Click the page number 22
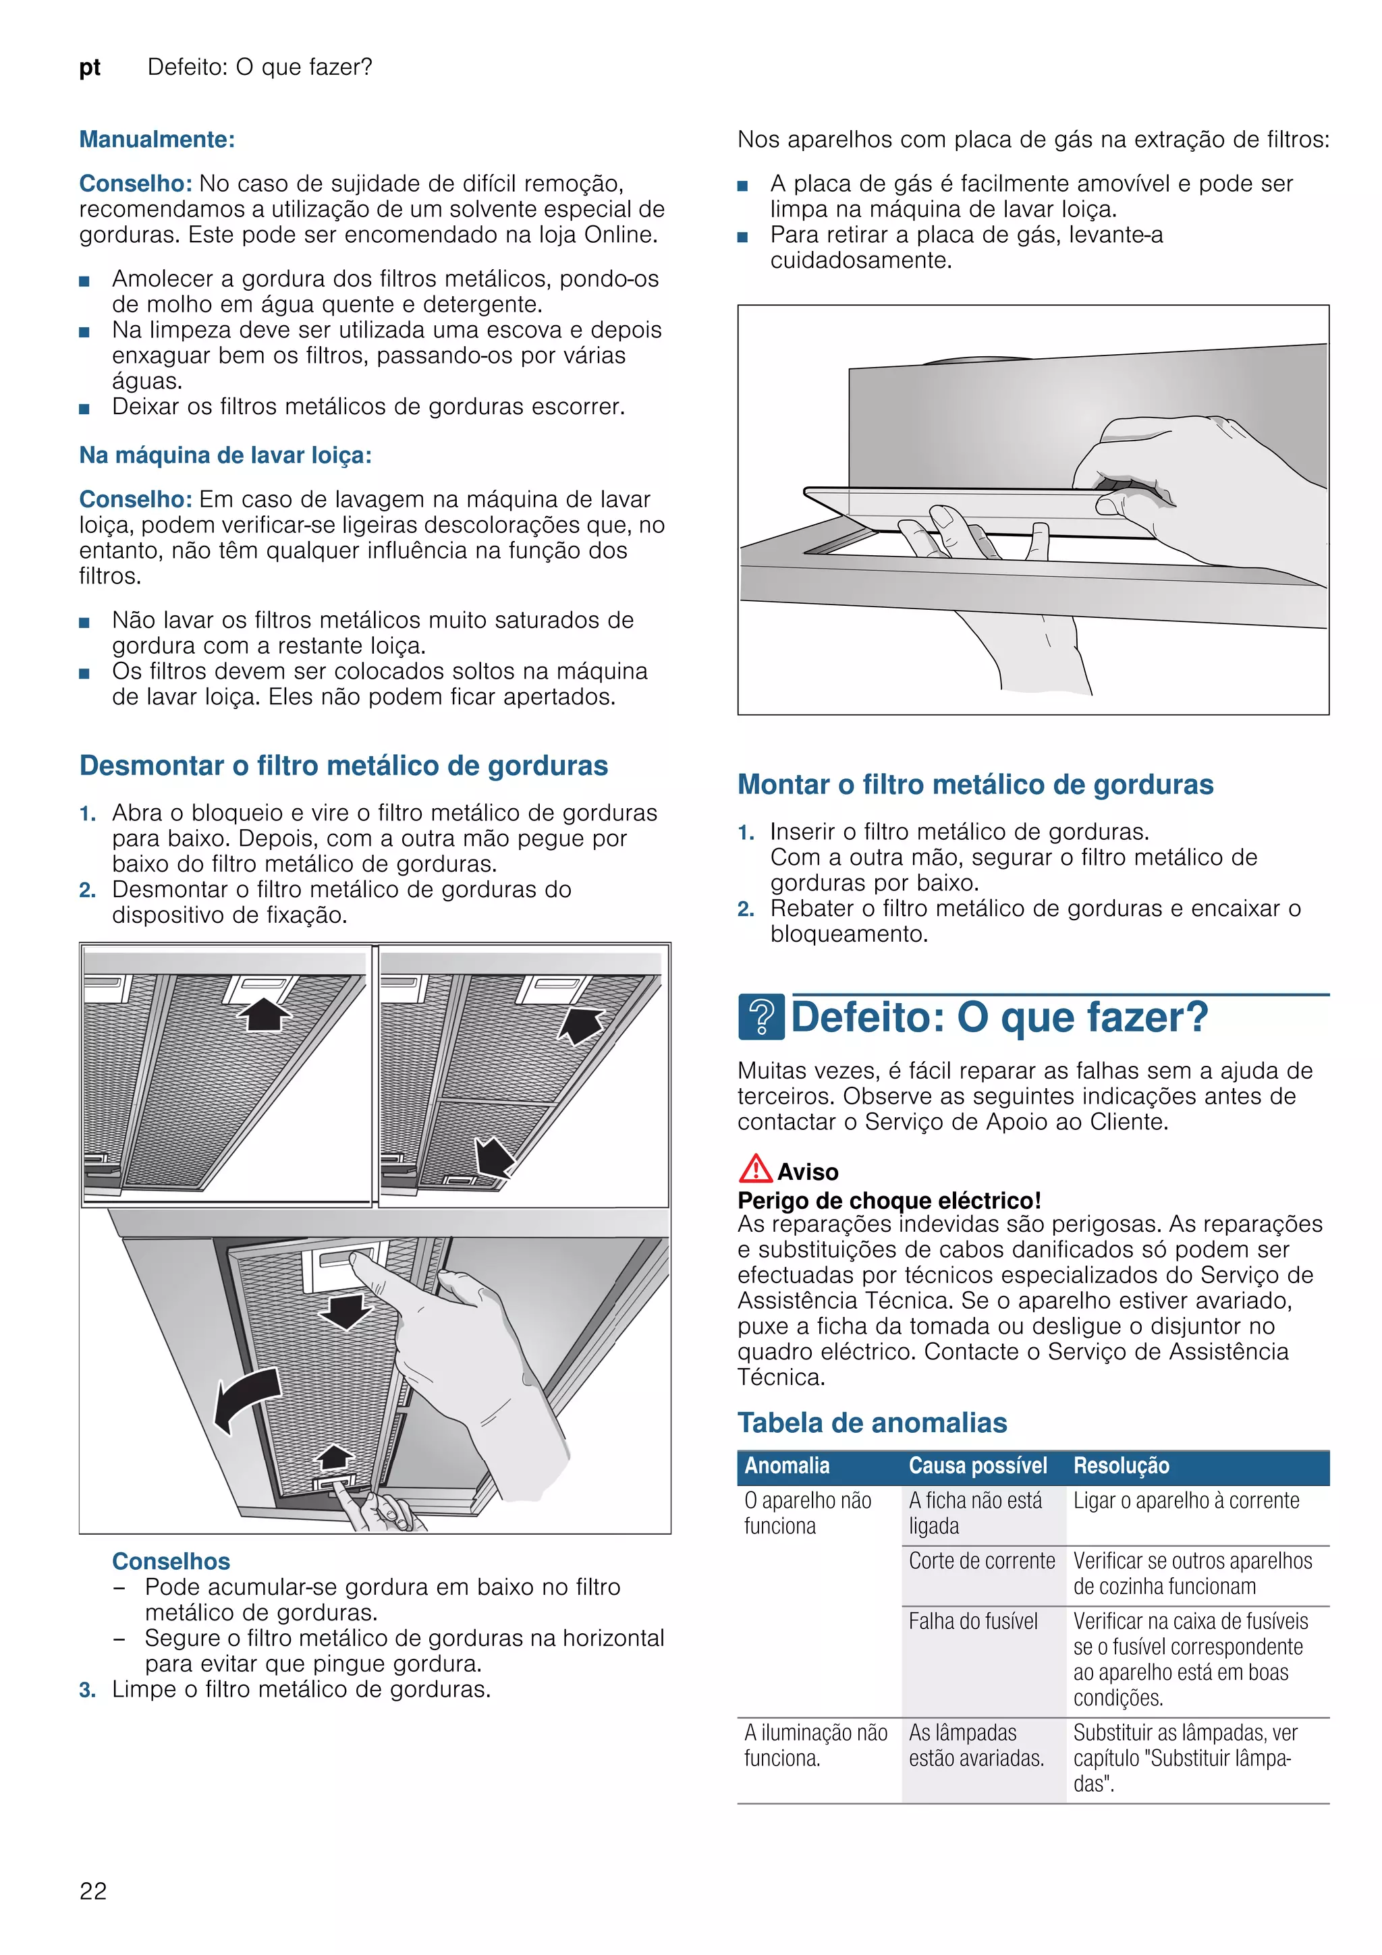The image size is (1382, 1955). point(93,1890)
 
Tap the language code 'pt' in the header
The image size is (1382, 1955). point(89,67)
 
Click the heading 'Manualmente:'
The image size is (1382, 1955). point(157,140)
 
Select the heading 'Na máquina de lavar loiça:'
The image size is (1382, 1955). point(225,455)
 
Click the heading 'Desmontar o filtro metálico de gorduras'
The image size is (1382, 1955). point(343,766)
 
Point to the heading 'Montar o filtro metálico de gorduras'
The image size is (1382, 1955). point(975,784)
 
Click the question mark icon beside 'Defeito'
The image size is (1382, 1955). point(761,1017)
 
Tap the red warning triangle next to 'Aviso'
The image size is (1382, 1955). point(754,1169)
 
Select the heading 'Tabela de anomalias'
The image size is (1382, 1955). point(872,1423)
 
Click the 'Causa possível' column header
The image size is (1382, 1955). point(978,1465)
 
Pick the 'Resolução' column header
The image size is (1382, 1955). point(1121,1465)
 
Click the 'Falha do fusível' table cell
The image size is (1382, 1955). point(972,1621)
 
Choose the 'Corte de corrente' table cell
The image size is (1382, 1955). point(981,1561)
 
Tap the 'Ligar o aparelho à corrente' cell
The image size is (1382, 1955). point(1186,1501)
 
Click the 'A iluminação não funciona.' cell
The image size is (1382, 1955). point(815,1746)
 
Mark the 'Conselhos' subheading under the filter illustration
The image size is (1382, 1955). point(171,1562)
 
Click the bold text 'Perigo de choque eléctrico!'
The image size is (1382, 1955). point(889,1201)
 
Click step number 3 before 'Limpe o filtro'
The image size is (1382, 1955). point(87,1690)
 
